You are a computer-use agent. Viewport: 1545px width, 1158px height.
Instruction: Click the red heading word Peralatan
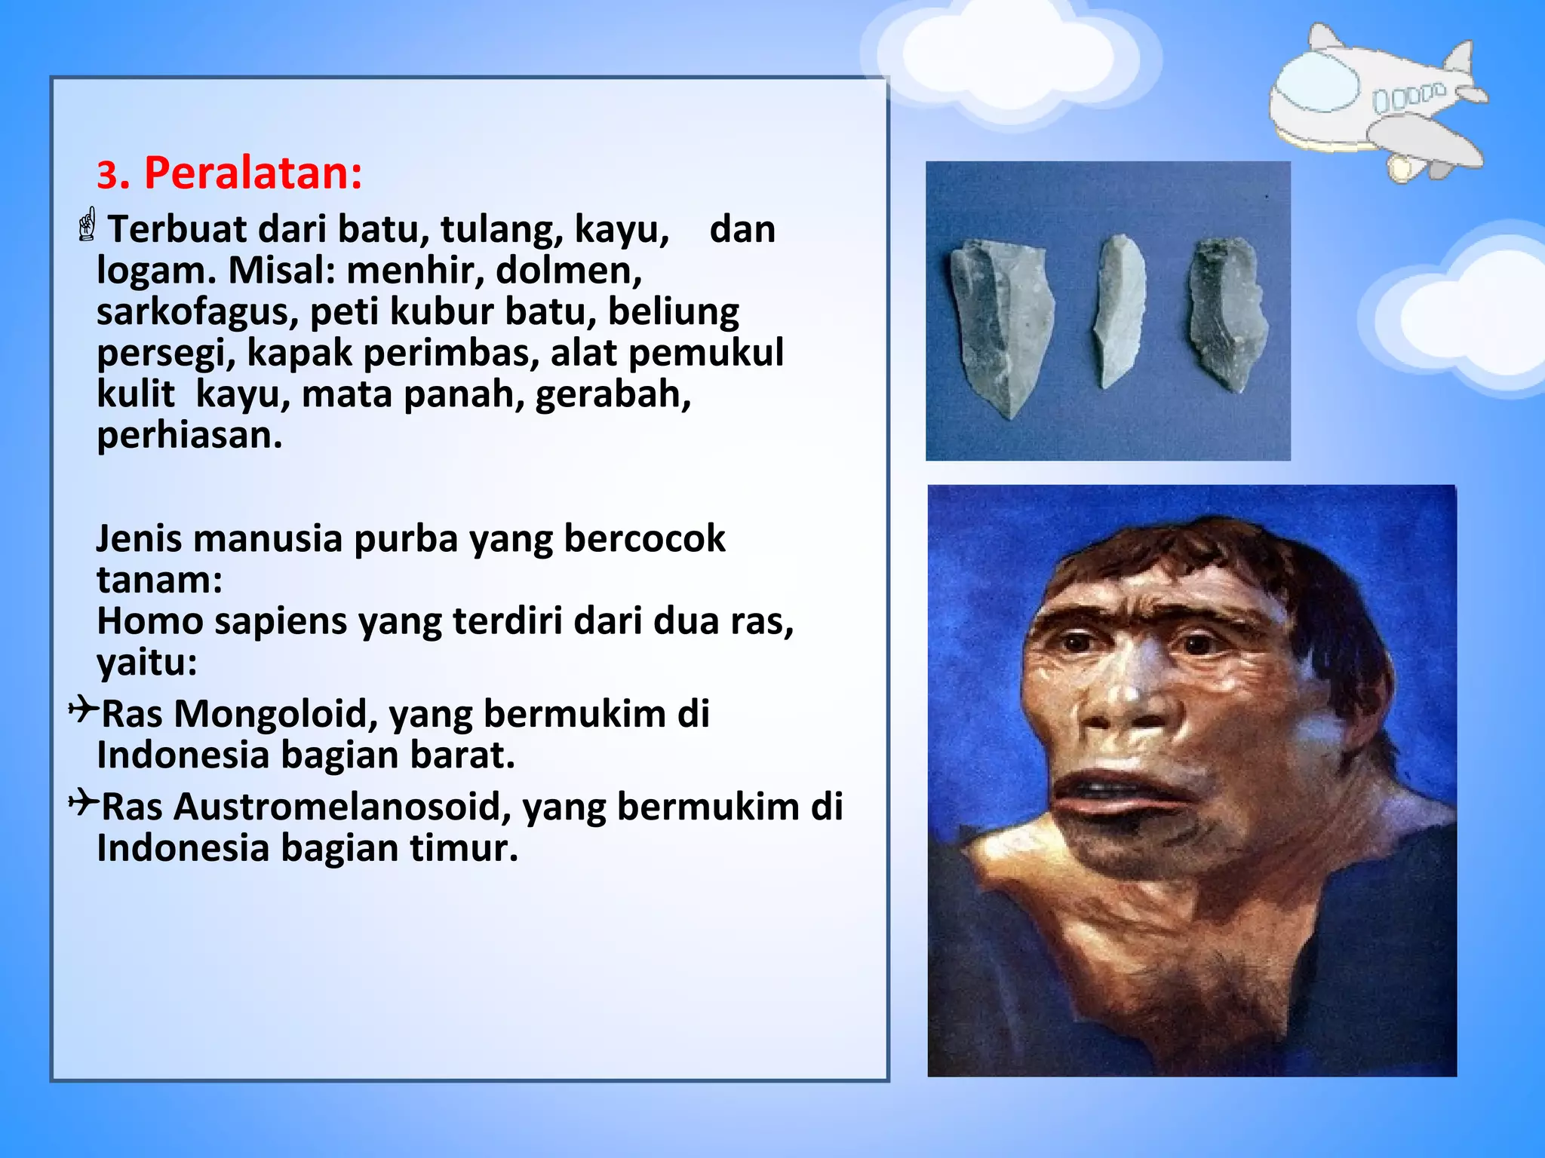pyautogui.click(x=253, y=173)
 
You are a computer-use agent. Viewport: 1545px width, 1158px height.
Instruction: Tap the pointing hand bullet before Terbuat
pyautogui.click(x=88, y=225)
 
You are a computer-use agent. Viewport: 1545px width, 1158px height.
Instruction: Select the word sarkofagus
pyautogui.click(x=197, y=311)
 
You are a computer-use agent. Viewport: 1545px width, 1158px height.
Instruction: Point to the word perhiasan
pyautogui.click(x=189, y=435)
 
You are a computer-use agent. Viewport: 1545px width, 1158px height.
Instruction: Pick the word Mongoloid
pyautogui.click(x=275, y=713)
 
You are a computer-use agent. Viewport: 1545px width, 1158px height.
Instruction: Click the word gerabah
pyautogui.click(x=613, y=394)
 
